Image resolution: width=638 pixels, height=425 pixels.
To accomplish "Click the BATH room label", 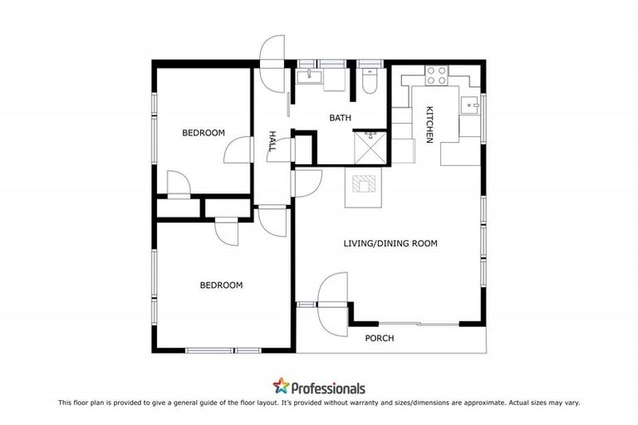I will coord(341,118).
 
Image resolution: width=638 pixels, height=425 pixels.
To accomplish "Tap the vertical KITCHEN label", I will coord(429,125).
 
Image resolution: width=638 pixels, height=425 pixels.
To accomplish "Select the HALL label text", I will coord(272,141).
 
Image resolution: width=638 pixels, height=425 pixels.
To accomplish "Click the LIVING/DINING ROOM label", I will coord(390,243).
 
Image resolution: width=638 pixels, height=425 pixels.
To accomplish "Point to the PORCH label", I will coord(380,338).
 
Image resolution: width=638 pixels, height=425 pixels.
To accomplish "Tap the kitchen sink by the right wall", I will coord(470,106).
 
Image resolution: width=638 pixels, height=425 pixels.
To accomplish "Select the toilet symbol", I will coord(371,81).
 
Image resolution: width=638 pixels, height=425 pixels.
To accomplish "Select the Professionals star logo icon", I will coord(282,387).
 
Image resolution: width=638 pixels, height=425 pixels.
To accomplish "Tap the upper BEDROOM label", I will coord(204,133).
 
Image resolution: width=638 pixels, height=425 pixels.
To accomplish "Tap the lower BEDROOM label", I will coord(221,285).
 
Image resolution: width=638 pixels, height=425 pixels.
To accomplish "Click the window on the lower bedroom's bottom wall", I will coord(211,350).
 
